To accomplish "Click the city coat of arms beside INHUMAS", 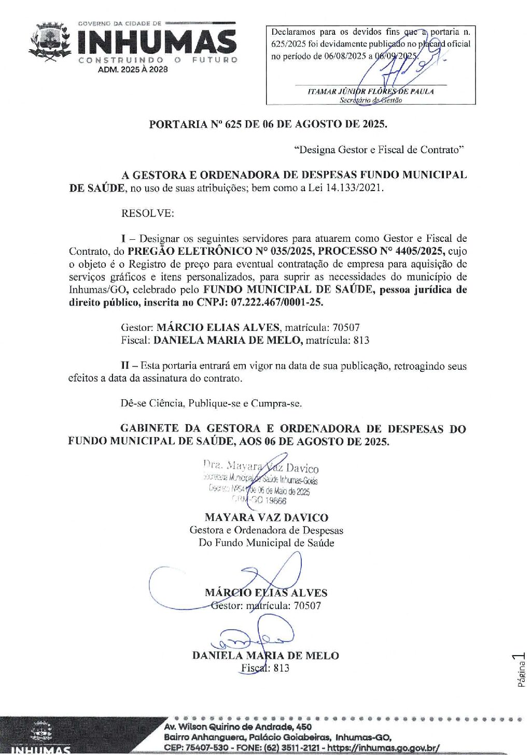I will pos(50,42).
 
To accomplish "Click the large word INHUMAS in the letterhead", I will pos(158,42).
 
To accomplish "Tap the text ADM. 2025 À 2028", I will pos(133,69).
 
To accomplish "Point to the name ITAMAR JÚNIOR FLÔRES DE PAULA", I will pos(370,91).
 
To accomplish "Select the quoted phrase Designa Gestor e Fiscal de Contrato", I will pos(379,150).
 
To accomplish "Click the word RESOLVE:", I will pos(148,213).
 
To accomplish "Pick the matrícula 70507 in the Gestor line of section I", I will pos(346,327).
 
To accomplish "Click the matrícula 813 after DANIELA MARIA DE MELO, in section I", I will pos(361,340).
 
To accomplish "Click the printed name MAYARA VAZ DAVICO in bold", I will pos(267,517).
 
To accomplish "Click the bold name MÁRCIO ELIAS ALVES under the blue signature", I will pos(266,593).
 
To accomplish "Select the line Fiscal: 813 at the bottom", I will pos(265,667).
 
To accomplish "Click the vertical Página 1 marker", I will pos(521,670).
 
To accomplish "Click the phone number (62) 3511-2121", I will pos(292,747).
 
